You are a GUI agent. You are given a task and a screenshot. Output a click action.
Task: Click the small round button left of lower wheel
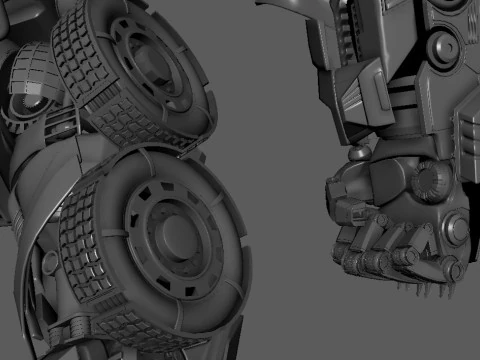point(51,262)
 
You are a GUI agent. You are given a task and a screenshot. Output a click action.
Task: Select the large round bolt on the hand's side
point(456,230)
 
